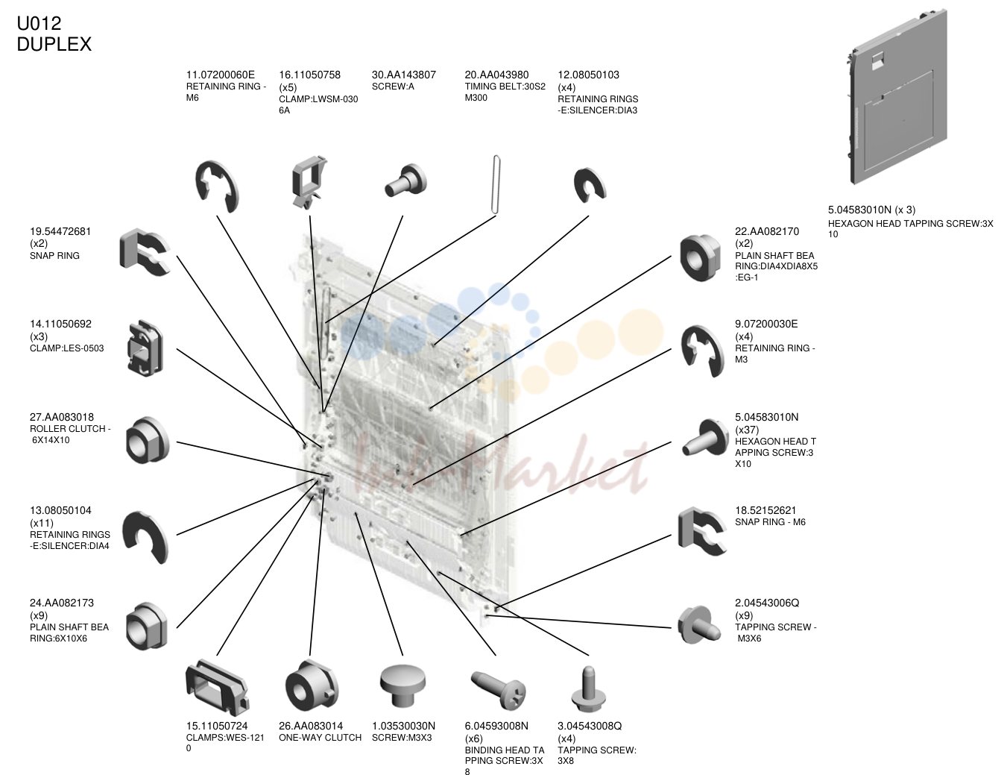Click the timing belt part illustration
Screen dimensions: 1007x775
[x=496, y=184]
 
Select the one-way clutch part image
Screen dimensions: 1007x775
[x=312, y=685]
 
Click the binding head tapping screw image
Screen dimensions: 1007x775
[x=498, y=689]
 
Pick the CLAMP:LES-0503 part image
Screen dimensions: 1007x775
[x=145, y=348]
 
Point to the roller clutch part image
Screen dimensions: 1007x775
[x=148, y=440]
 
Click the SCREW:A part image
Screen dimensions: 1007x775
[x=406, y=181]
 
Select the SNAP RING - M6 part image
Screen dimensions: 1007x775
[x=701, y=531]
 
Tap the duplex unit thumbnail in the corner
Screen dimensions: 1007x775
[x=897, y=97]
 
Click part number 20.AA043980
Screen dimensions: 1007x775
[x=496, y=75]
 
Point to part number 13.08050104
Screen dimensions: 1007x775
[x=60, y=510]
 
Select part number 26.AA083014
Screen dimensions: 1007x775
[x=311, y=726]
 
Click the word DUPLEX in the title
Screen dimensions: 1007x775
[x=54, y=45]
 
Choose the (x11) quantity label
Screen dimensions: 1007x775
[x=42, y=523]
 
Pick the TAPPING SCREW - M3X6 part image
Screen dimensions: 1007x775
[x=699, y=625]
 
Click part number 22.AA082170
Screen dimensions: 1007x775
[x=767, y=231]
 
